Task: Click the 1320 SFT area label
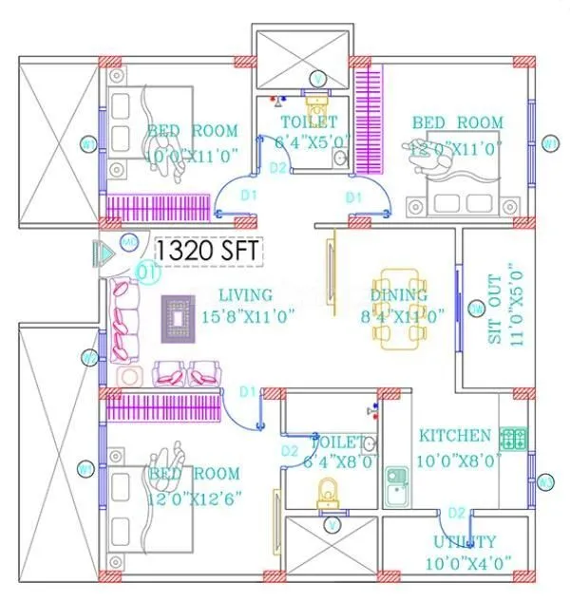coord(208,252)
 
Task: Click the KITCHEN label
coord(455,436)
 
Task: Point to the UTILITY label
coord(465,541)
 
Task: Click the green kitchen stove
coord(513,439)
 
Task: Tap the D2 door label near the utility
coord(456,514)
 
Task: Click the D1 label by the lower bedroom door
coord(248,391)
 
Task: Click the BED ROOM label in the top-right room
coord(457,122)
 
